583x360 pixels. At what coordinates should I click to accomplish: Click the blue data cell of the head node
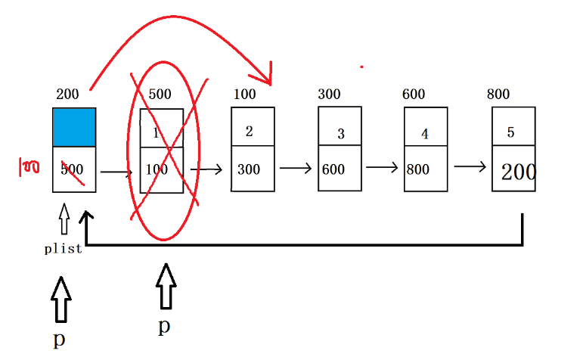(74, 127)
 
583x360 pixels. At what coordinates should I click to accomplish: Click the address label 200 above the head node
(67, 95)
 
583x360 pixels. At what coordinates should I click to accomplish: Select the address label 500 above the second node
(160, 95)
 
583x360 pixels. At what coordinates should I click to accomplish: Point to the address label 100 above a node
(244, 95)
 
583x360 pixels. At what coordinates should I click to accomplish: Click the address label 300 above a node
(329, 95)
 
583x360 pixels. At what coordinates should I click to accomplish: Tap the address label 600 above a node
(414, 95)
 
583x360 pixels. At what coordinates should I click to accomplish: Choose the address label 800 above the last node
(498, 95)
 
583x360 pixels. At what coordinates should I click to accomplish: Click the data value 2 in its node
(250, 131)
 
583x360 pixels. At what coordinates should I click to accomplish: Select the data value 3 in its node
(341, 135)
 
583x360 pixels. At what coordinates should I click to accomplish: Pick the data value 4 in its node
(425, 135)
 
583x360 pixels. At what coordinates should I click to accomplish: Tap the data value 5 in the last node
(510, 132)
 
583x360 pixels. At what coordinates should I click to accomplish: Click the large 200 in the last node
(519, 172)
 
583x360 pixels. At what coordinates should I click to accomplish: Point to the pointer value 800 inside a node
(418, 169)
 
